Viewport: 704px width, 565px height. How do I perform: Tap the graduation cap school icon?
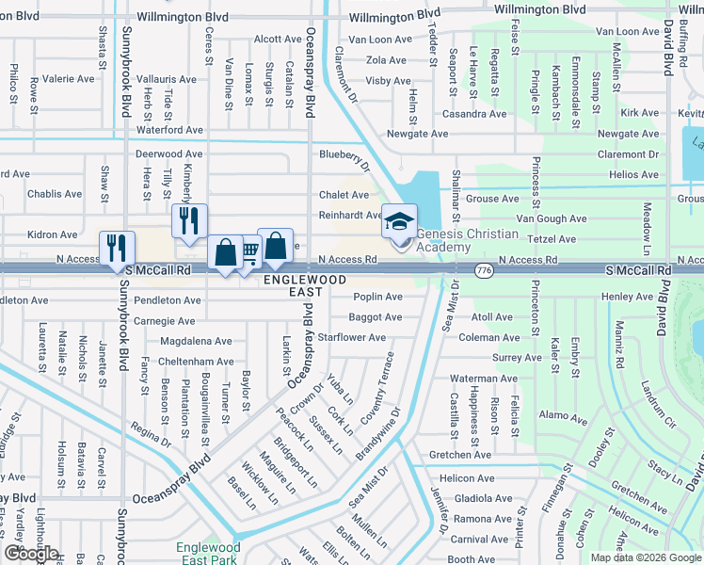(398, 222)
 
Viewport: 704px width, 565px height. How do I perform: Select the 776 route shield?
(484, 270)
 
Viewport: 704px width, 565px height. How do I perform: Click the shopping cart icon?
(249, 251)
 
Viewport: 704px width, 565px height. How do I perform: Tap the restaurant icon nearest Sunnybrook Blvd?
(118, 248)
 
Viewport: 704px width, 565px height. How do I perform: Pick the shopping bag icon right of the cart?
(275, 247)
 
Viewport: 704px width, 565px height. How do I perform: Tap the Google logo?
(31, 554)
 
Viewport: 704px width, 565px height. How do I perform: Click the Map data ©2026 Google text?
(645, 557)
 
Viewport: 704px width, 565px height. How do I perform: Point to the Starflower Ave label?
(352, 337)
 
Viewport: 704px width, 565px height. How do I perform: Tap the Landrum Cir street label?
(658, 404)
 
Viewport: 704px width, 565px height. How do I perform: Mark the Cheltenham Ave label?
(197, 362)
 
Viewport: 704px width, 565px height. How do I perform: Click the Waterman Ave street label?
(484, 379)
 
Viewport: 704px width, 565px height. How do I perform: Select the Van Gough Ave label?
(552, 218)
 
